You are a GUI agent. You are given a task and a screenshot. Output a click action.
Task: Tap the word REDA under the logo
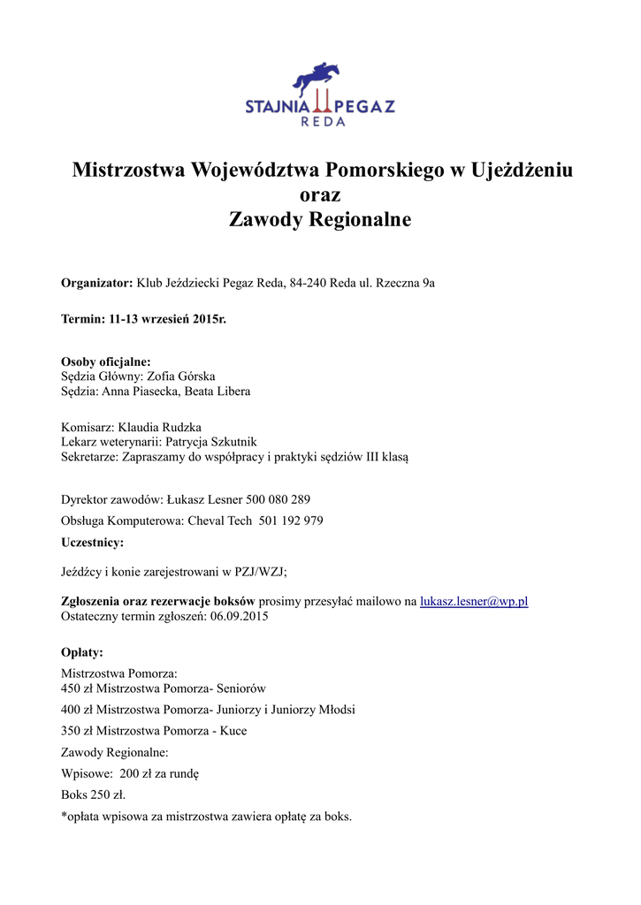point(321,122)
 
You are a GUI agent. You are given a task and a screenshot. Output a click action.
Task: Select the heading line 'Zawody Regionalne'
point(320,219)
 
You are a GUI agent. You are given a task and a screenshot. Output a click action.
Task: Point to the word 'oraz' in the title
point(320,194)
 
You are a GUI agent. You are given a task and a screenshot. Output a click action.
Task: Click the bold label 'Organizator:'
point(96,283)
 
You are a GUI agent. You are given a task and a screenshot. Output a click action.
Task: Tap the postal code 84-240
point(309,283)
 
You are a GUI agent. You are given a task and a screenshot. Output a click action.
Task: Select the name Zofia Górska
point(181,376)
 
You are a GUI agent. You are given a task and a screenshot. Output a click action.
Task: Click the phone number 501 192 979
point(291,521)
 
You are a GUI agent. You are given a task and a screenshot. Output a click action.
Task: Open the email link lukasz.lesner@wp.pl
point(474,601)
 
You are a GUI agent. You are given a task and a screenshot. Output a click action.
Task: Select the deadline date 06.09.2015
point(239,616)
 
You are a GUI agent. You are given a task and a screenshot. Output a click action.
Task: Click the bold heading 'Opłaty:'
point(82,652)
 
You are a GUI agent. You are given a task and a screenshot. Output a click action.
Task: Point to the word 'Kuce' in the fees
point(233,731)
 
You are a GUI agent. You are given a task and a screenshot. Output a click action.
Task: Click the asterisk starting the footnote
point(64,816)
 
